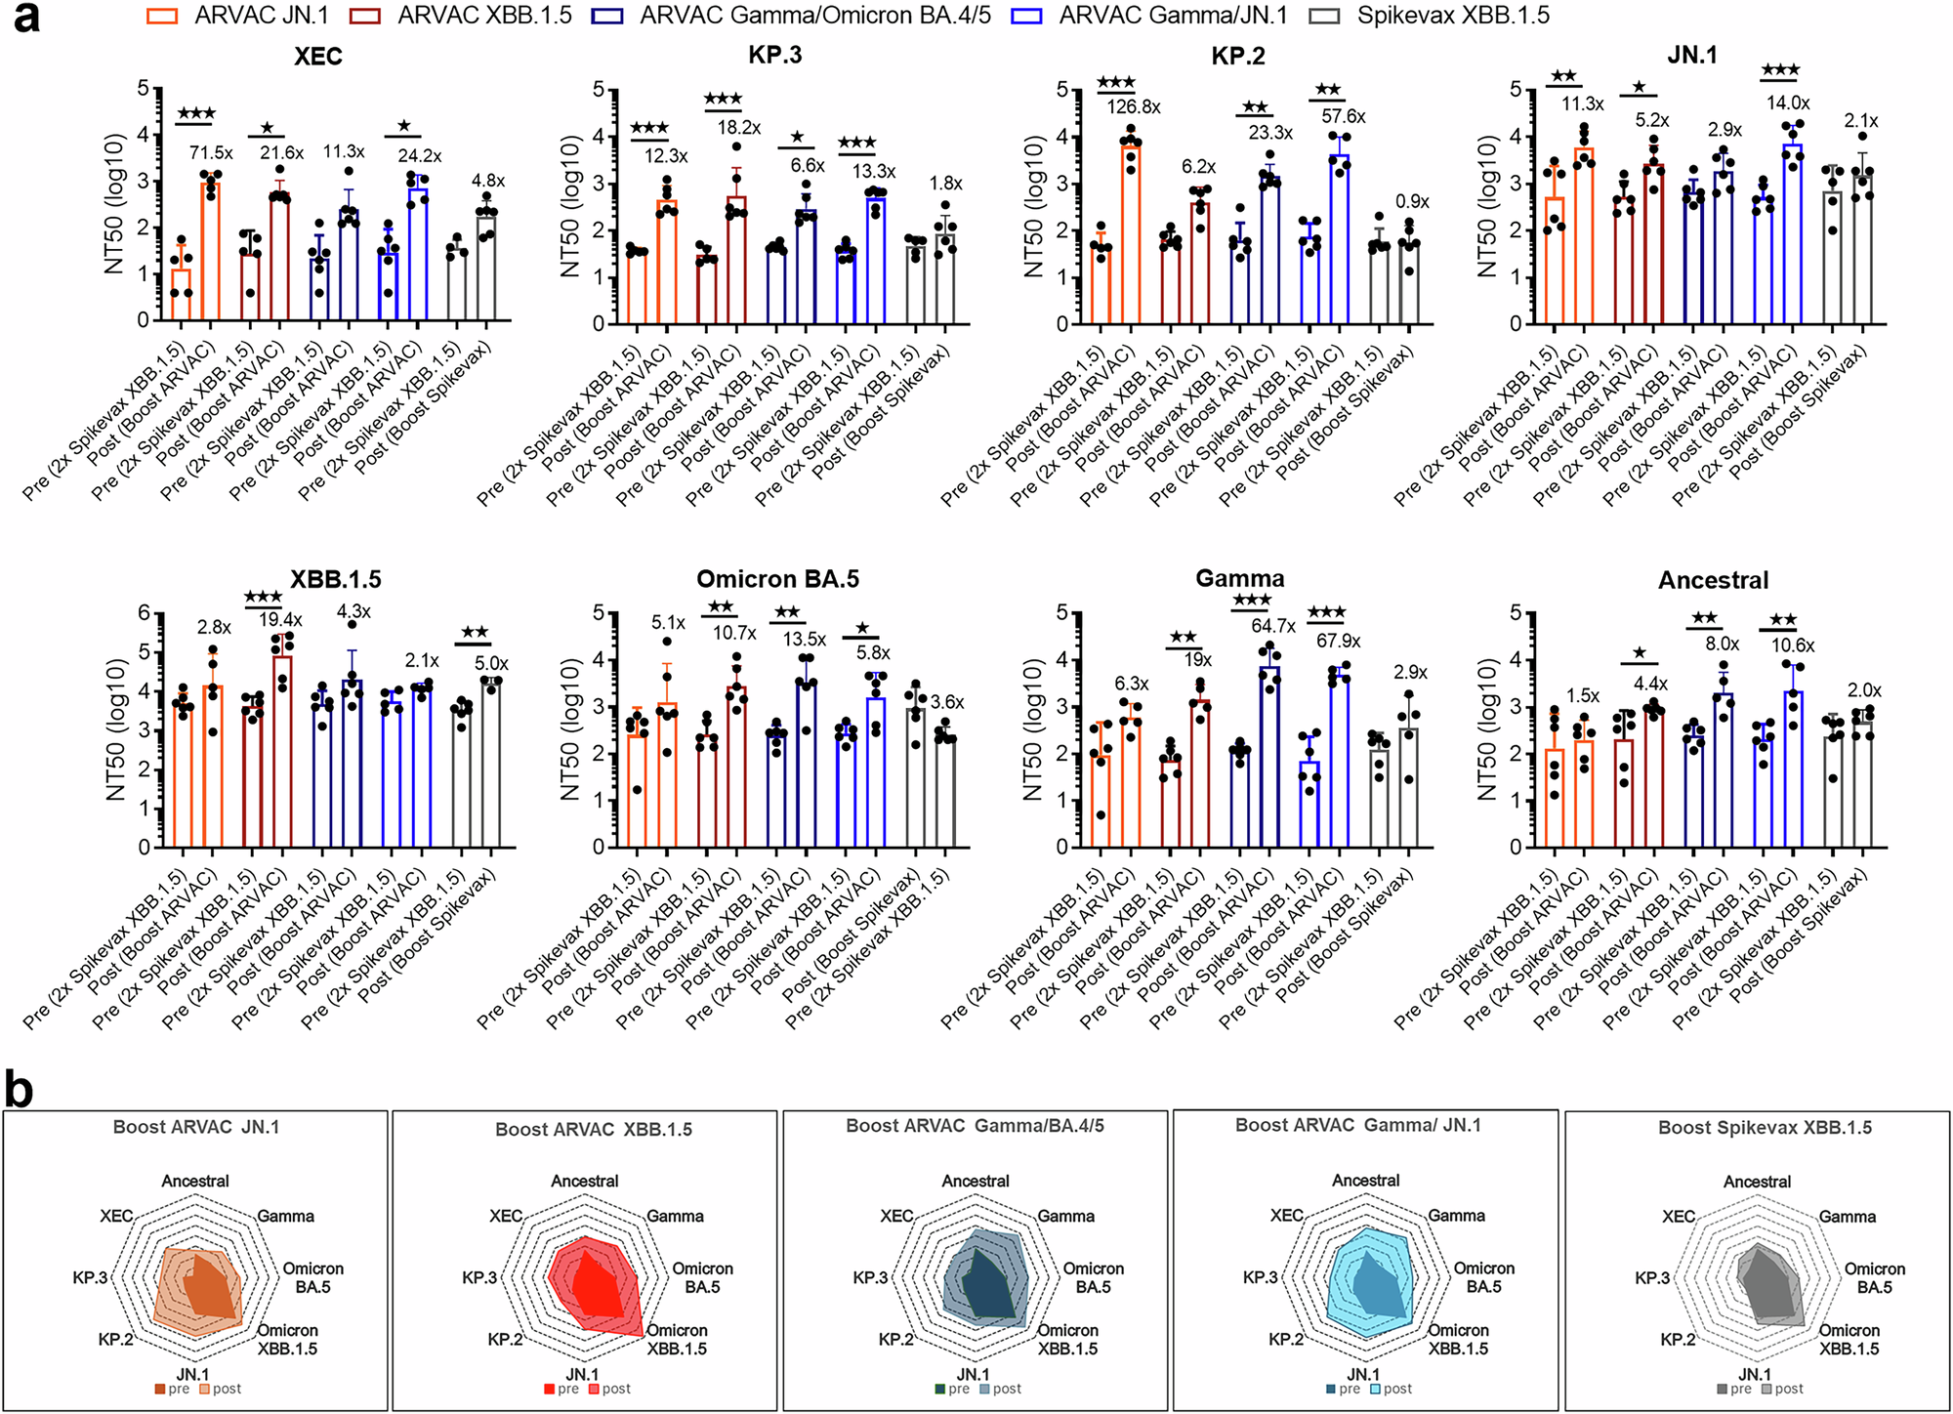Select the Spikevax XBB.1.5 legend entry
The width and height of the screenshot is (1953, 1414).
coord(1451,16)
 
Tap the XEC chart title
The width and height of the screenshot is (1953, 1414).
coord(318,57)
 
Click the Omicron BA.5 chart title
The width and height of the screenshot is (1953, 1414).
coord(777,579)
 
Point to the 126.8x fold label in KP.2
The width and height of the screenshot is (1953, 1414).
coord(1133,106)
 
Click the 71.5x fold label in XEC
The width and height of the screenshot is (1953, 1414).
coord(211,153)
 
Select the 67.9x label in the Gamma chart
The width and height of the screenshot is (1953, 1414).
coord(1338,641)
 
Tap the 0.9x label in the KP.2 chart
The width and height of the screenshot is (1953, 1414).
coord(1412,202)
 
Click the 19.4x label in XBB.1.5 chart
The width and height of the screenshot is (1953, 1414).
coord(280,620)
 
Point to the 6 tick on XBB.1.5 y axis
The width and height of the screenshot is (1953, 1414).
coord(144,612)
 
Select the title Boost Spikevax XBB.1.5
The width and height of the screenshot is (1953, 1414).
coord(1765,1128)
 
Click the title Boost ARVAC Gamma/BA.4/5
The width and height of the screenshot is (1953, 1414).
coord(975,1126)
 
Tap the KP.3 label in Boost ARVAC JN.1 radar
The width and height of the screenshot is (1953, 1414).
coord(90,1277)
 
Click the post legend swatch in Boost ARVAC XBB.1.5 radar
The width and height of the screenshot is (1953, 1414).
coord(595,1390)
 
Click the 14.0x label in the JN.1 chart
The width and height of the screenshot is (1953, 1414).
coord(1788,103)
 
